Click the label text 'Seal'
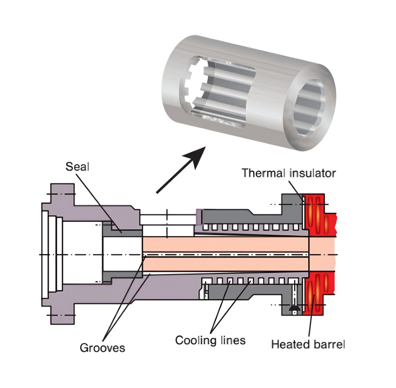(77, 167)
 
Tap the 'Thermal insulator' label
(288, 173)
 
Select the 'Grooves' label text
(102, 347)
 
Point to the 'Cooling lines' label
(210, 340)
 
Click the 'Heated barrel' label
(307, 344)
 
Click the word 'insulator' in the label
(312, 173)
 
